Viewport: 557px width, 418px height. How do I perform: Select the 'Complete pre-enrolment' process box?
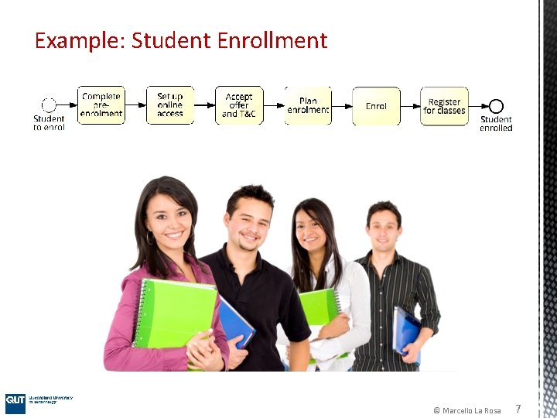pos(101,105)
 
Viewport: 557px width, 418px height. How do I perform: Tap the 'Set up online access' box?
pos(170,105)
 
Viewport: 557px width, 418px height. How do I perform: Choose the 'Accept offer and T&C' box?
pos(239,105)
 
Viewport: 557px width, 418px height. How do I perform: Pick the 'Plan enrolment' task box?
pos(308,105)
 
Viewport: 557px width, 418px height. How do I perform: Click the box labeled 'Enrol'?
pos(377,105)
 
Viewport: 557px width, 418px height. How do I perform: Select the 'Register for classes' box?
pos(445,105)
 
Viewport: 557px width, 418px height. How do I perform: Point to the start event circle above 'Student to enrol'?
pos(49,106)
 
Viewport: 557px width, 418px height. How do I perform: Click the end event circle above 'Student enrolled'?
pos(496,106)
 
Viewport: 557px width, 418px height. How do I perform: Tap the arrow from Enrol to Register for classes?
pos(410,106)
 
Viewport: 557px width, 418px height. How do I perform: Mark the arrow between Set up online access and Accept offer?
pos(204,106)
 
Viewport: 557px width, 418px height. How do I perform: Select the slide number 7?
pos(518,409)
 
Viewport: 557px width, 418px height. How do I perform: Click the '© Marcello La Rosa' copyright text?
pos(466,410)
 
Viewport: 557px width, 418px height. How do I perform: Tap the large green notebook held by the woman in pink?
pos(174,313)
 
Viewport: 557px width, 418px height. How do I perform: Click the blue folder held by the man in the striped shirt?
pos(407,331)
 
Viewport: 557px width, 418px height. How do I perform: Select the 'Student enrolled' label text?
pos(496,124)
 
